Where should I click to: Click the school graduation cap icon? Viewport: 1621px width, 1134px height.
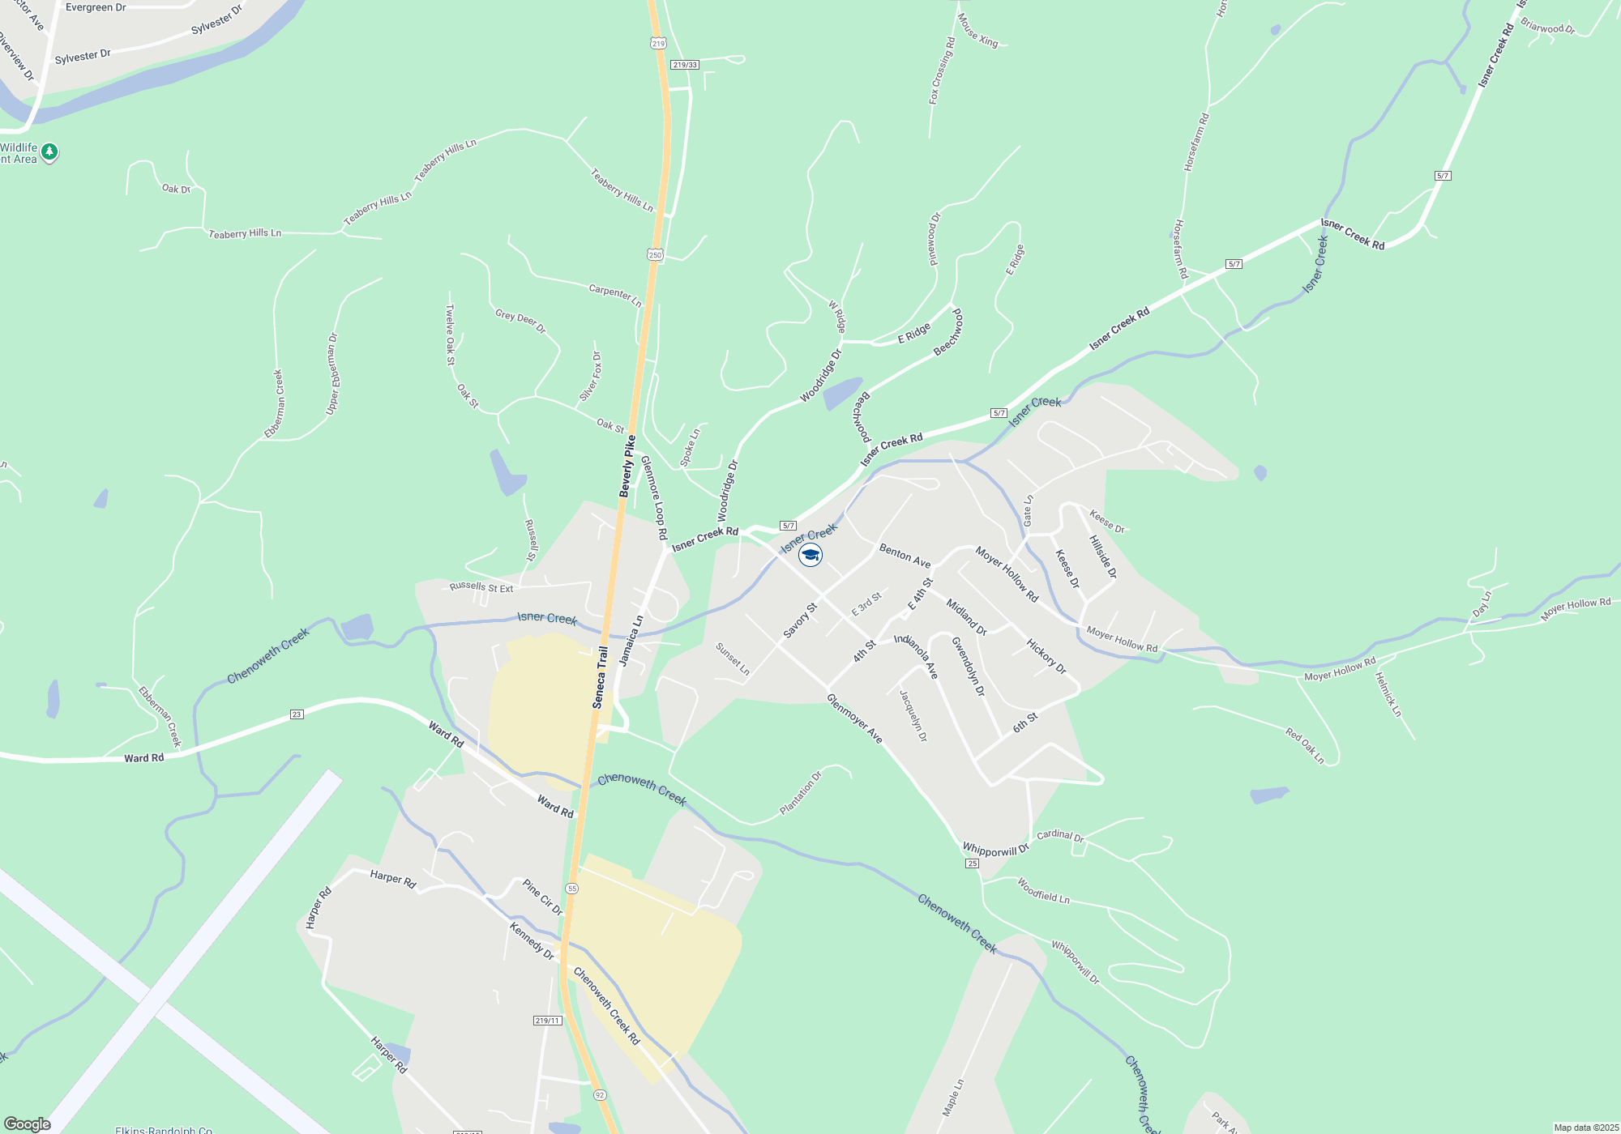tap(810, 555)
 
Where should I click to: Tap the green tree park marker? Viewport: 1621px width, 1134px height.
tap(49, 151)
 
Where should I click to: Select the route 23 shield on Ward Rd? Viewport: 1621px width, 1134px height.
tap(297, 714)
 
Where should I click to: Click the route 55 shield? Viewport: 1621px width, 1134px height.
tap(572, 889)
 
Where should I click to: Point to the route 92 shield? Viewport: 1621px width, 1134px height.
tap(599, 1094)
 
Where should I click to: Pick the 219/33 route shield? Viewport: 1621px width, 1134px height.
tap(685, 65)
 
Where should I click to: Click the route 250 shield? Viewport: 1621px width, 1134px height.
tap(655, 254)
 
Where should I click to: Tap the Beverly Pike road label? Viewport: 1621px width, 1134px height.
tap(627, 467)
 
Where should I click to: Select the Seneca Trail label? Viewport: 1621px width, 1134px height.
tap(601, 677)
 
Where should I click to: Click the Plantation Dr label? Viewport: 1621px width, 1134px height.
tap(800, 793)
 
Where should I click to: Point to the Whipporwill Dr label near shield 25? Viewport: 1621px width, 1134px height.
tap(995, 850)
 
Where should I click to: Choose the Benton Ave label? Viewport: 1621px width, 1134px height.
tap(905, 556)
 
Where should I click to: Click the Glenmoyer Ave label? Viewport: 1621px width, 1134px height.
tap(854, 718)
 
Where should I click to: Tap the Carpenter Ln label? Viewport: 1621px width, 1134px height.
tap(615, 295)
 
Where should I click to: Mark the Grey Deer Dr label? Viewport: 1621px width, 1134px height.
tap(520, 321)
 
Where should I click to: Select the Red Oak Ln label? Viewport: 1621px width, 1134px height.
tap(1304, 745)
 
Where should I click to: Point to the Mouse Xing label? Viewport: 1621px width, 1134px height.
tap(977, 30)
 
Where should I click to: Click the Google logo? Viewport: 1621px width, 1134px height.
tap(28, 1124)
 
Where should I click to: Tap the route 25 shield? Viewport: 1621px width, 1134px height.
tap(973, 863)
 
